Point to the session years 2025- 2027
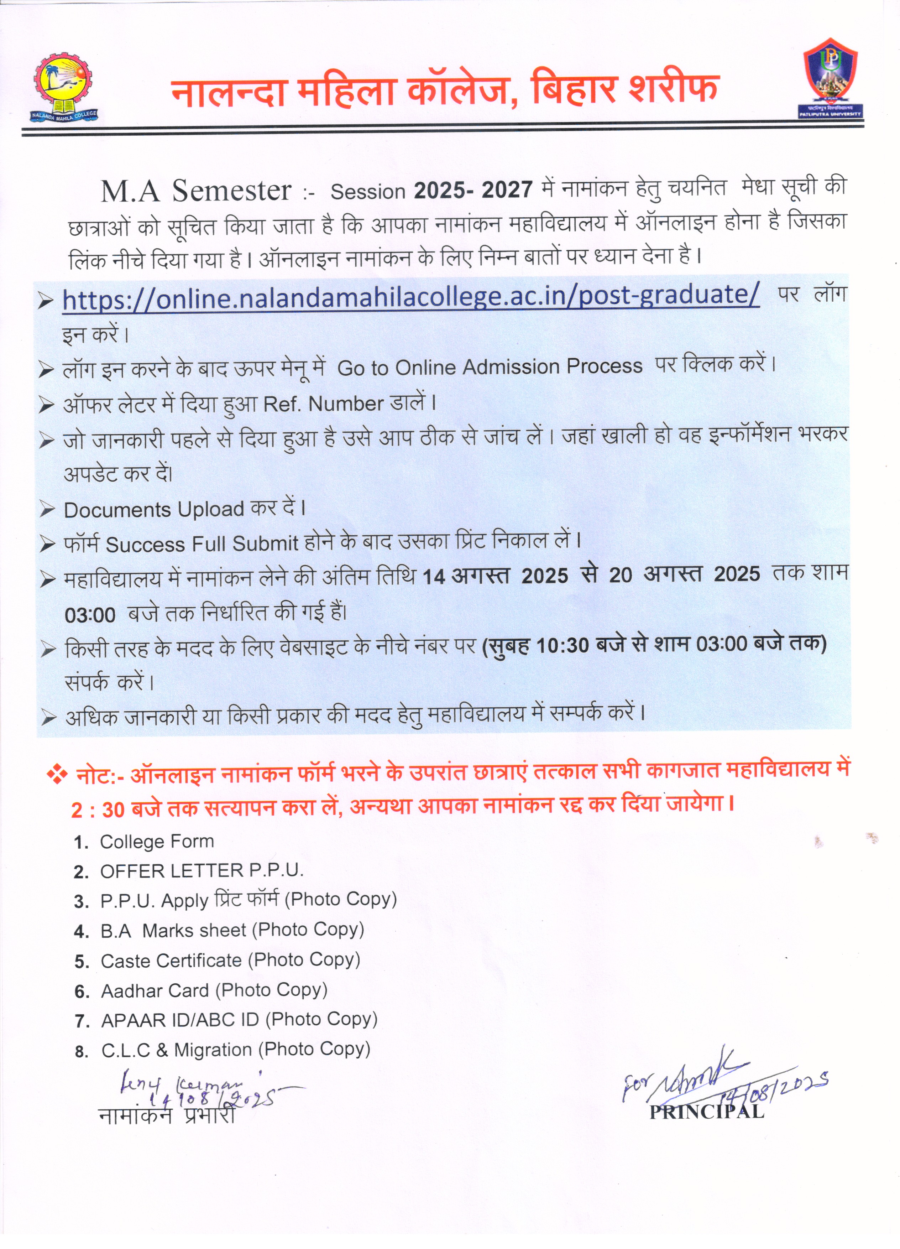(473, 190)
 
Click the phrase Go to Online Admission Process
(490, 367)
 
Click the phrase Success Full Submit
(202, 544)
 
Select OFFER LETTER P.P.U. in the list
(202, 871)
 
